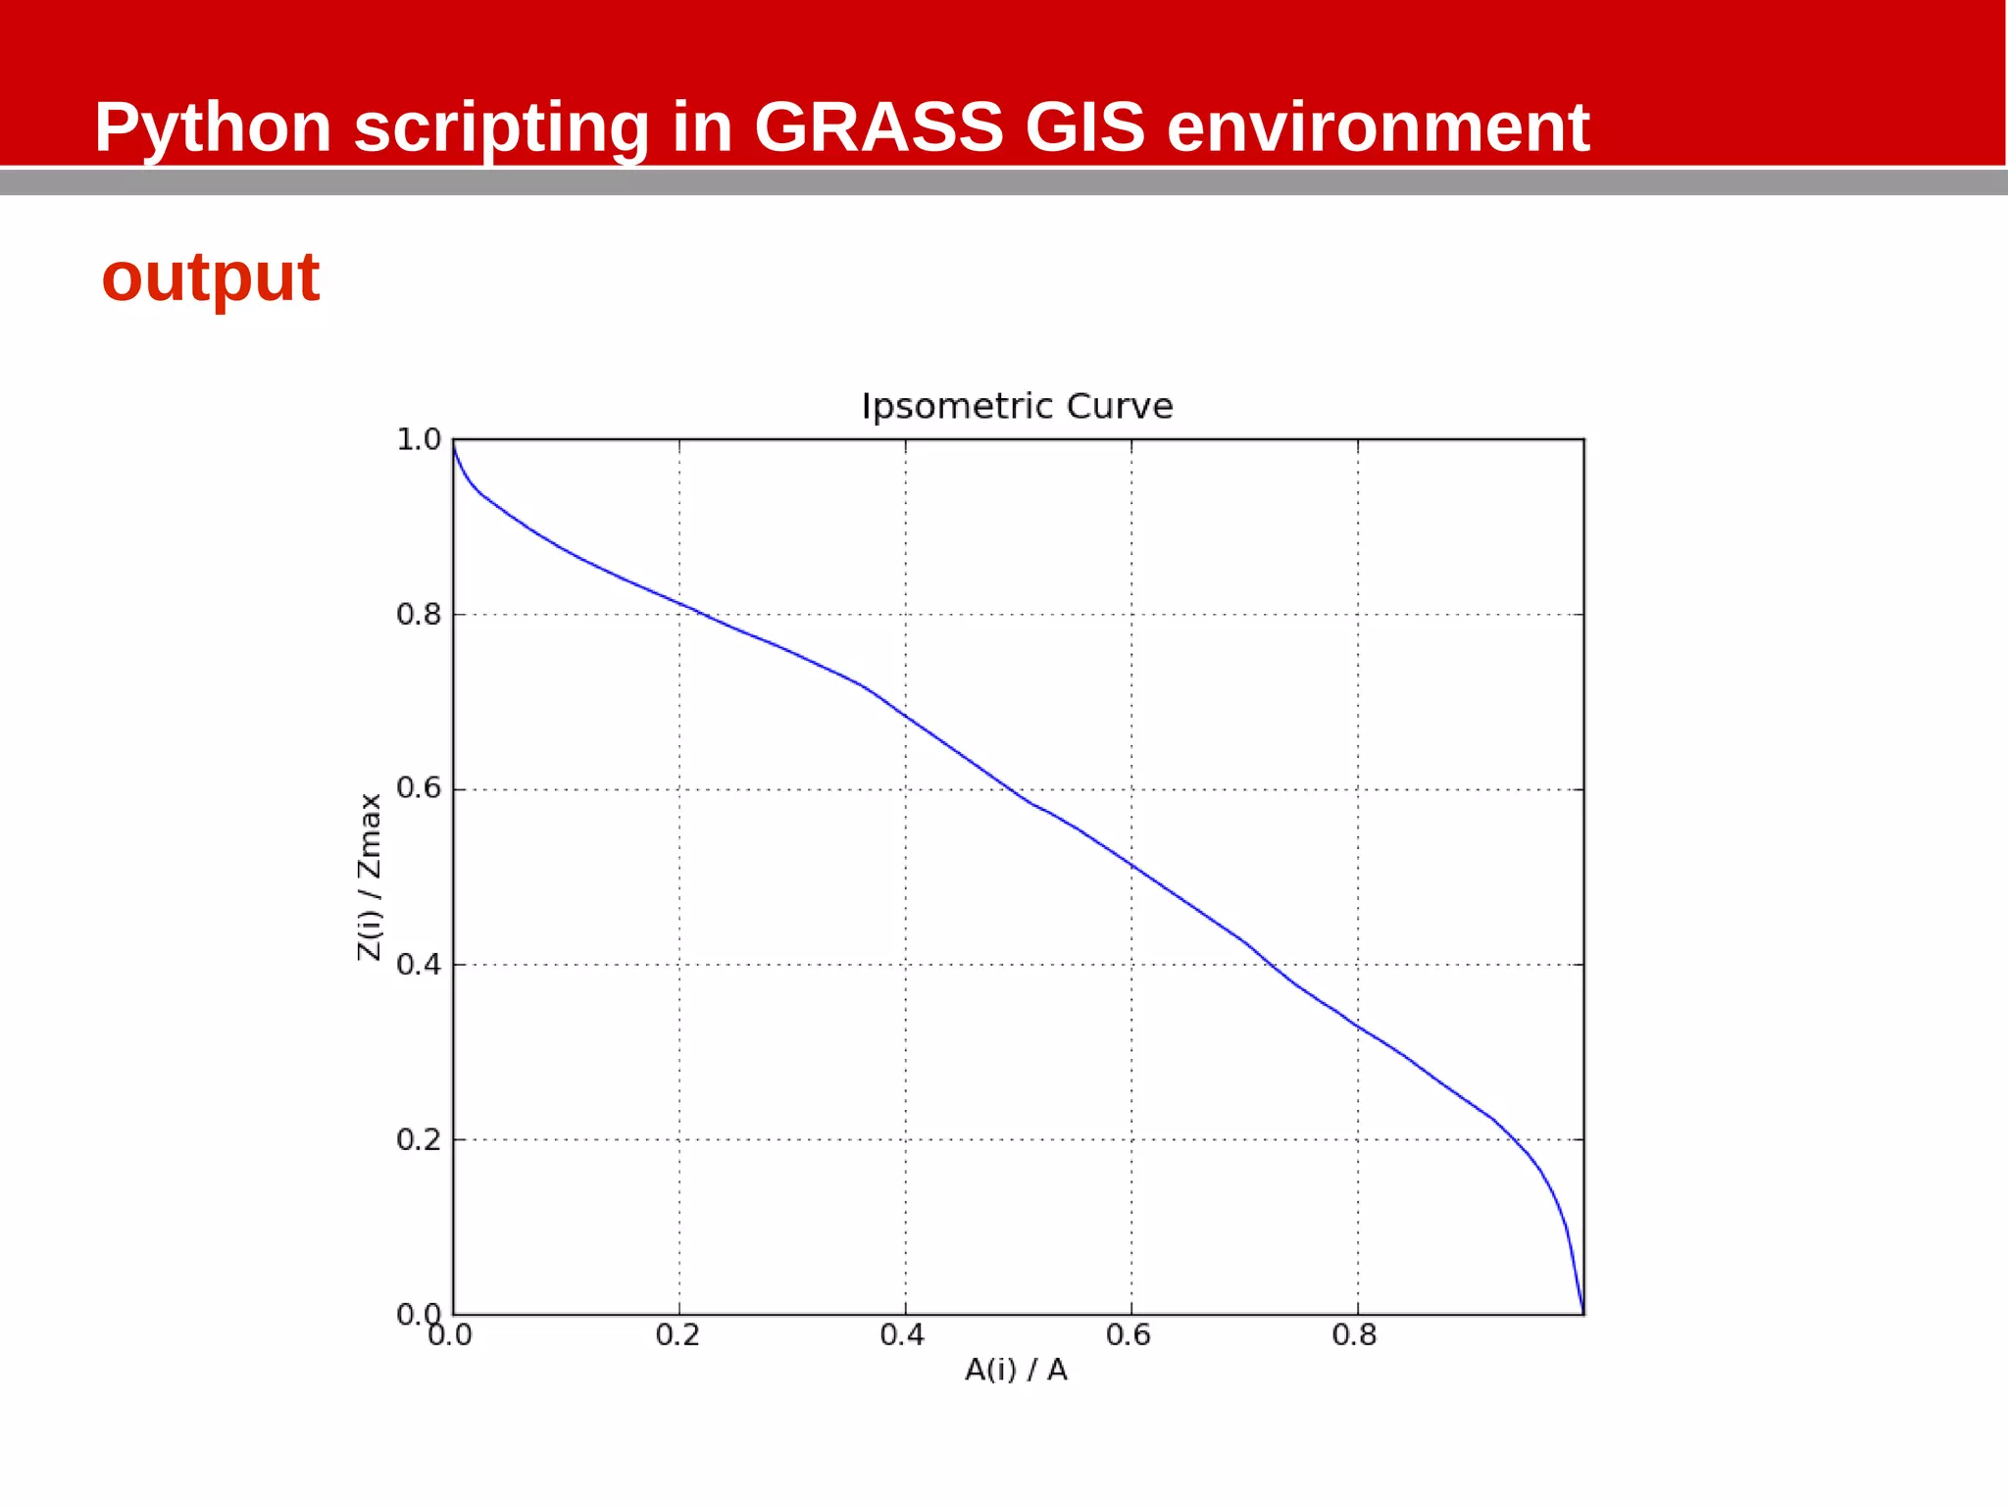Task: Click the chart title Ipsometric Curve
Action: click(x=1017, y=406)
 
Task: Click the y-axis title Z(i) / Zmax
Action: click(x=369, y=877)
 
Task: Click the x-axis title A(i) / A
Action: click(x=1016, y=1370)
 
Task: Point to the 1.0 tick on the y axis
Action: click(x=419, y=439)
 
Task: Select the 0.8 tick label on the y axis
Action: click(x=419, y=615)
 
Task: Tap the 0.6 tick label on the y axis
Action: click(x=419, y=788)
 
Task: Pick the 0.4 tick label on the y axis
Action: click(x=419, y=965)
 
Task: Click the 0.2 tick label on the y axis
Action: click(x=419, y=1139)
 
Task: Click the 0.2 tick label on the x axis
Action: click(x=678, y=1335)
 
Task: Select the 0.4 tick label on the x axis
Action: click(x=902, y=1335)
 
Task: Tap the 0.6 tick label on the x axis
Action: click(x=1129, y=1335)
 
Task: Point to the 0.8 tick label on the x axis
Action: click(x=1355, y=1335)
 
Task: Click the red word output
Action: click(x=211, y=277)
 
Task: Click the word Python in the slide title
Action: click(x=213, y=128)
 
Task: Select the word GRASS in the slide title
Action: click(x=878, y=127)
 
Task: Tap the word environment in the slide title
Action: click(x=1378, y=128)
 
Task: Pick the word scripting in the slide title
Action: click(x=501, y=128)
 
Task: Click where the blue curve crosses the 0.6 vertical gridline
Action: click(x=1131, y=865)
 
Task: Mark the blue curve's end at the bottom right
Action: click(x=1582, y=1312)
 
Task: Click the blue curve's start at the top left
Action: click(x=454, y=443)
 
